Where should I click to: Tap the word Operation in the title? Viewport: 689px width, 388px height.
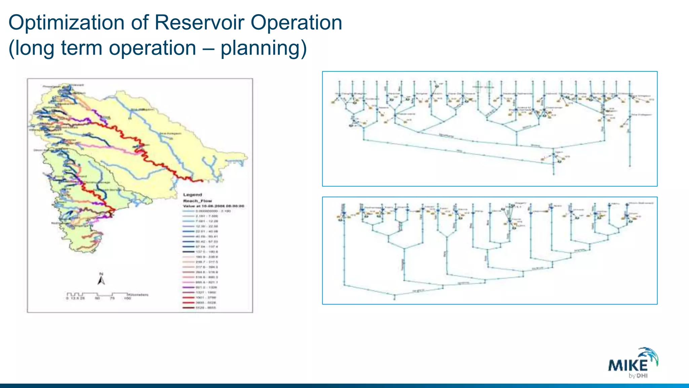click(296, 23)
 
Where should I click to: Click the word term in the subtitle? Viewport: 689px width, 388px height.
click(82, 48)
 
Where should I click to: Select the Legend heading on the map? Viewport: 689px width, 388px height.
click(192, 195)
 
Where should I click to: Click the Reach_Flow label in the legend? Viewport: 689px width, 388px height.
click(197, 201)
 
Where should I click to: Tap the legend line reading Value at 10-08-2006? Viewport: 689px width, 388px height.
click(214, 206)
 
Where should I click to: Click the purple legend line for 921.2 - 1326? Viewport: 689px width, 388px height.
click(189, 287)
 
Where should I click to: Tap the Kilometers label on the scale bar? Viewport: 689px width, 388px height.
click(138, 295)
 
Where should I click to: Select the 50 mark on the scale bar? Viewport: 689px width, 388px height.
click(97, 298)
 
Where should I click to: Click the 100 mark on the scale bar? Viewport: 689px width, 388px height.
click(127, 298)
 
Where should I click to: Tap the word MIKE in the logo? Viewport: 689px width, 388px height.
click(627, 365)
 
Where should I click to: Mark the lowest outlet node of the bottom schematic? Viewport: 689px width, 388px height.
click(395, 299)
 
